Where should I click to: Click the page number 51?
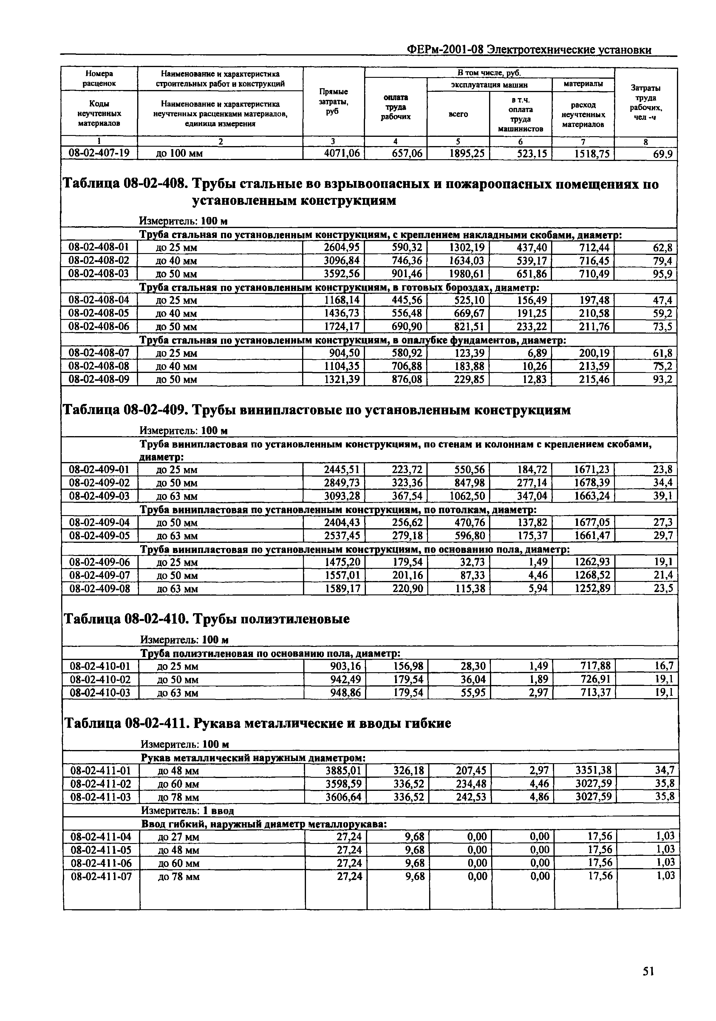[x=648, y=972]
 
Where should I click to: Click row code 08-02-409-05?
[x=99, y=535]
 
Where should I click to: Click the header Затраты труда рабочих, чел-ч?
[x=646, y=102]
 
